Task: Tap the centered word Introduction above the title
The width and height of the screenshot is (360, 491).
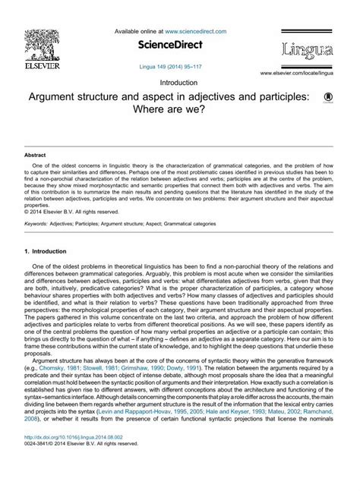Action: coord(180,82)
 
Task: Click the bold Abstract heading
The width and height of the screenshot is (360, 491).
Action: coord(36,155)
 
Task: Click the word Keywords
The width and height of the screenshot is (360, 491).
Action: coord(36,224)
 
